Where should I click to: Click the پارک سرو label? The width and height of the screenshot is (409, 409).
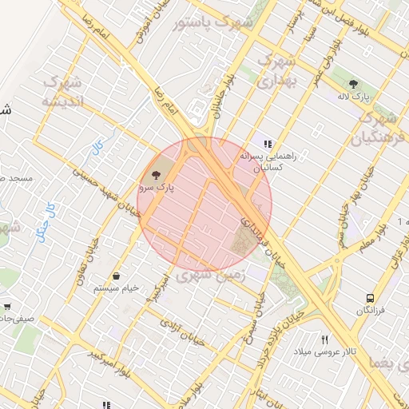click(x=155, y=187)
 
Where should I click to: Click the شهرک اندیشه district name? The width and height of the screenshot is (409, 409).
click(x=61, y=92)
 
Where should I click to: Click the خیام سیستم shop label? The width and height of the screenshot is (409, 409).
click(x=117, y=287)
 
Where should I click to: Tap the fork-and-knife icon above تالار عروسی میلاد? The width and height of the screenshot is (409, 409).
click(x=325, y=340)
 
